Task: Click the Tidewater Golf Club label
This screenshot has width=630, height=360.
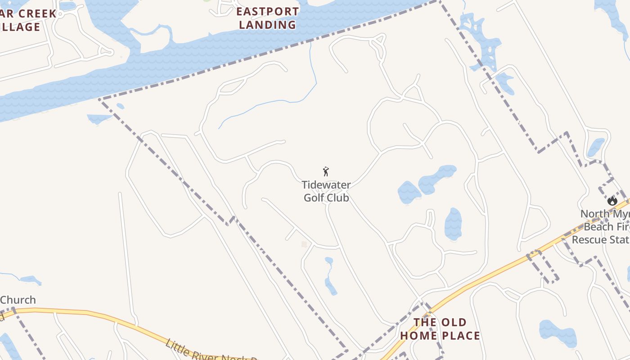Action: (x=326, y=191)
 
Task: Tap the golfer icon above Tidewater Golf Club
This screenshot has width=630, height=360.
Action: (x=326, y=171)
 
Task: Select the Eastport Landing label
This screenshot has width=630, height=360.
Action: (x=267, y=18)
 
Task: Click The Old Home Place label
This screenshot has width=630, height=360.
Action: (x=440, y=329)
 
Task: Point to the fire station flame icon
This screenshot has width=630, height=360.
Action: (x=612, y=201)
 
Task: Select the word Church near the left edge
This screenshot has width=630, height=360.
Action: (x=18, y=300)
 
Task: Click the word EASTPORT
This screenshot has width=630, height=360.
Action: (x=267, y=12)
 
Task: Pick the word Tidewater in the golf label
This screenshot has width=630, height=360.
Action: (x=326, y=185)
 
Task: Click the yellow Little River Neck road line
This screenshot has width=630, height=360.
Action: (x=90, y=313)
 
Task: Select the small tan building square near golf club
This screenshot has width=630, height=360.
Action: (x=304, y=244)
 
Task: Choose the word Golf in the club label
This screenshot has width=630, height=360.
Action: (x=314, y=198)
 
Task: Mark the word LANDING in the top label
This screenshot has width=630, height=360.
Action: (x=267, y=25)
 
